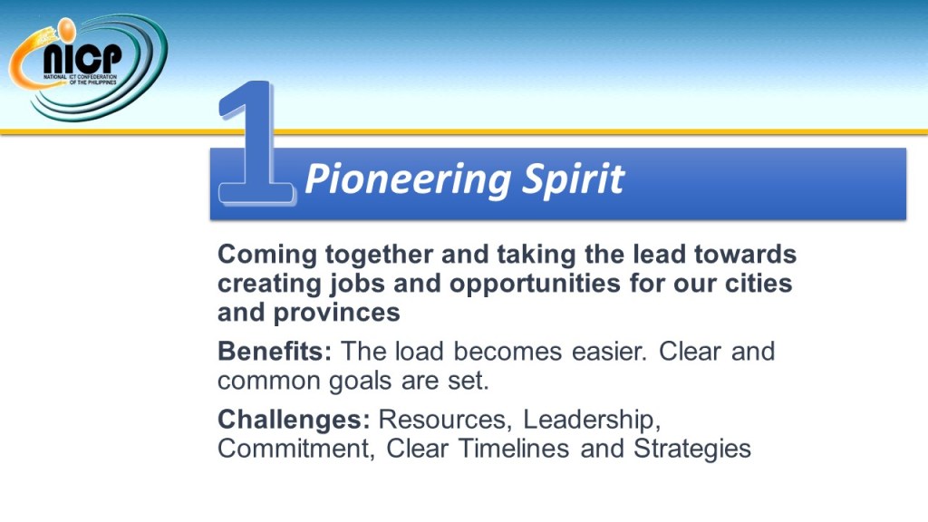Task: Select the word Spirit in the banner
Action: point(574,179)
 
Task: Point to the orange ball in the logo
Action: point(65,30)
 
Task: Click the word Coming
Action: point(267,256)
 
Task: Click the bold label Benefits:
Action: point(275,352)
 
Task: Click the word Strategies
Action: point(692,449)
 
